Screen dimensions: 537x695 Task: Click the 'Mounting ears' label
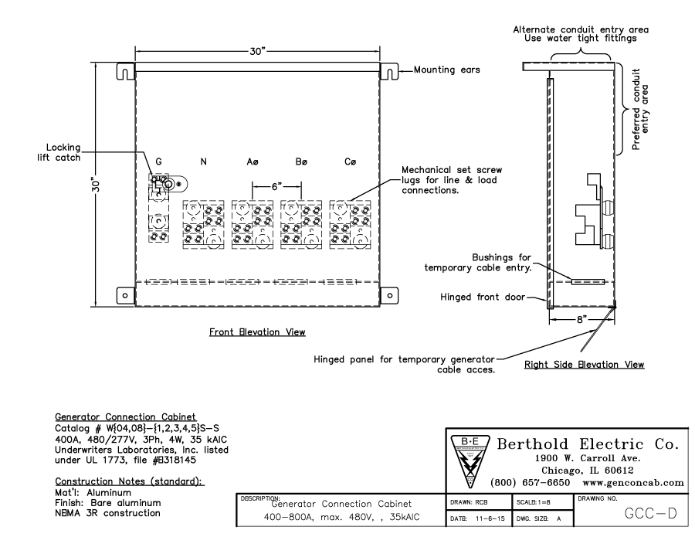[x=447, y=70]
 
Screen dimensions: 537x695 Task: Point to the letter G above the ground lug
[x=159, y=162]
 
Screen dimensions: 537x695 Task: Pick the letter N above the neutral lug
[x=203, y=162]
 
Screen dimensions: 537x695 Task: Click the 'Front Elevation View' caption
[x=258, y=332]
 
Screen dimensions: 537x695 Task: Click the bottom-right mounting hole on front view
[x=390, y=295]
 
